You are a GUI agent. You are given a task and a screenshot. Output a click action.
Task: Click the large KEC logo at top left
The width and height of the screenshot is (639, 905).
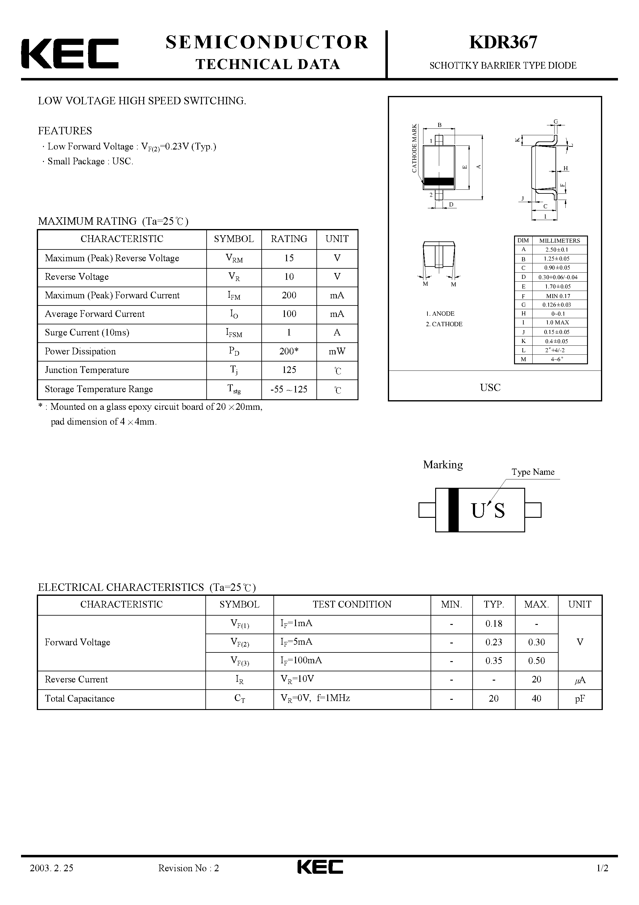[x=70, y=54]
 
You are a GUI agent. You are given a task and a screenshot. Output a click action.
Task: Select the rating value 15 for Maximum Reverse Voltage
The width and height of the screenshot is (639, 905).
[x=289, y=258]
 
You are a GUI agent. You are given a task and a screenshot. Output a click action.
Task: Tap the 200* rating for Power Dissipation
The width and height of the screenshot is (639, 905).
[x=289, y=351]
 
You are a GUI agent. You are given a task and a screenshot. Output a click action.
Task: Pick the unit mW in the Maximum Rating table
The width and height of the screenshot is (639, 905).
[x=337, y=351]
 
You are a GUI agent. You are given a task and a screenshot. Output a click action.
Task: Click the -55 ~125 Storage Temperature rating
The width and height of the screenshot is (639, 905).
[x=289, y=389]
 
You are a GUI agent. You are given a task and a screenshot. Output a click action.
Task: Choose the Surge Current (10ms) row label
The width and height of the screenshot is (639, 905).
[x=87, y=333]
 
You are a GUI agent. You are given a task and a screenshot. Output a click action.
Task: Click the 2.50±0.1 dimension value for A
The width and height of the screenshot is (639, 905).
[x=557, y=249]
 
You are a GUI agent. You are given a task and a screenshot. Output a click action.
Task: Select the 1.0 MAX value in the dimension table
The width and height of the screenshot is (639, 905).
[x=557, y=323]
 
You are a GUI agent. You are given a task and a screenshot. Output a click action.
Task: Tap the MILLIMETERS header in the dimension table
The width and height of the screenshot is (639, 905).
[x=560, y=240]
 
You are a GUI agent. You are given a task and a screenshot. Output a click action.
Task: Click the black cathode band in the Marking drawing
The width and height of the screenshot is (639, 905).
[x=453, y=510]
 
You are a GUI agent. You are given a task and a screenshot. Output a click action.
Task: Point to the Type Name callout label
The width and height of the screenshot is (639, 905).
[x=533, y=472]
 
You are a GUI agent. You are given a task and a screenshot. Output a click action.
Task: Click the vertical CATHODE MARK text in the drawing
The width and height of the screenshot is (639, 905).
[x=414, y=148]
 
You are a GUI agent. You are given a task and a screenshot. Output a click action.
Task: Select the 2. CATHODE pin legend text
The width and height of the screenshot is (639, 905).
[x=444, y=324]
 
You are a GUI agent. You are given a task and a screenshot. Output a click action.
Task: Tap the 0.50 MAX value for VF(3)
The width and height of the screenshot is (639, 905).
[x=536, y=660]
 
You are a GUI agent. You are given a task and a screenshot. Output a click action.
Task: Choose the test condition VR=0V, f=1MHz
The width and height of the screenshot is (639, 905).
[x=315, y=698]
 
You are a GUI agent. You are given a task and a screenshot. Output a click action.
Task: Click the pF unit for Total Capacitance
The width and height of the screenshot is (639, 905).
[x=580, y=699]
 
